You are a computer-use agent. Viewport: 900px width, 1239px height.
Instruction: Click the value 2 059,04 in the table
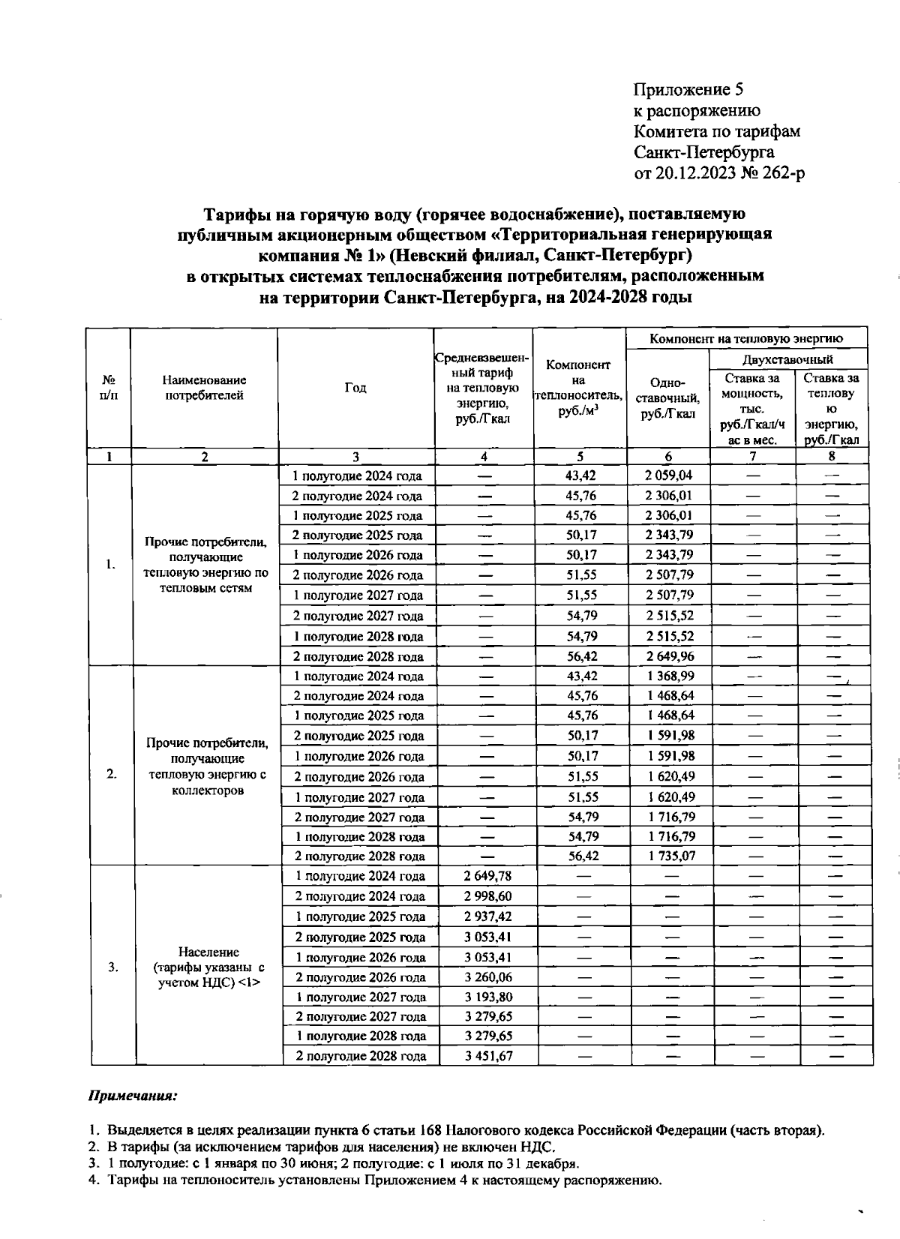(668, 475)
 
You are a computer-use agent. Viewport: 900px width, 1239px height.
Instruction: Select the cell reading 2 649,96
(668, 656)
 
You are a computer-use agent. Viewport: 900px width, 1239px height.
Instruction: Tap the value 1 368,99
(668, 676)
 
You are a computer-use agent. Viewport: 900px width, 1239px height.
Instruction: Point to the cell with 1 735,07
(668, 856)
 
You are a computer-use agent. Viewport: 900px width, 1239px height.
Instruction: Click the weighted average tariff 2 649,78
(487, 875)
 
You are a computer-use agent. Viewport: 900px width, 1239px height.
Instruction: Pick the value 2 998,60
(487, 895)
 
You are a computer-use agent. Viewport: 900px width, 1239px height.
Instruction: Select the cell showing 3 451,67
(487, 1055)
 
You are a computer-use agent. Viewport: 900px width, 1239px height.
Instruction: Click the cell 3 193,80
(487, 997)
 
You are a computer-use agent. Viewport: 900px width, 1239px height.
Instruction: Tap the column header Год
(355, 388)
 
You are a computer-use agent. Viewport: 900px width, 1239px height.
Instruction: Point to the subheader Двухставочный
(787, 359)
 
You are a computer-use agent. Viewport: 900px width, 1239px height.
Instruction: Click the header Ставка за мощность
(752, 409)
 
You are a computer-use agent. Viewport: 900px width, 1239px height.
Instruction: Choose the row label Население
(209, 952)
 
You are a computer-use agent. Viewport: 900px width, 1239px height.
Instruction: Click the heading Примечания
(133, 1096)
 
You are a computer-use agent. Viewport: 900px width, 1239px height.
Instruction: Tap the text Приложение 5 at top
(688, 91)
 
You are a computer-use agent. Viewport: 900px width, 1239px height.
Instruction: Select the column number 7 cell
(753, 456)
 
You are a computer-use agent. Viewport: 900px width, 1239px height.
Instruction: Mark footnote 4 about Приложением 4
(382, 1180)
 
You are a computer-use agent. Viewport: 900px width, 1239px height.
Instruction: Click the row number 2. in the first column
(111, 775)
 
